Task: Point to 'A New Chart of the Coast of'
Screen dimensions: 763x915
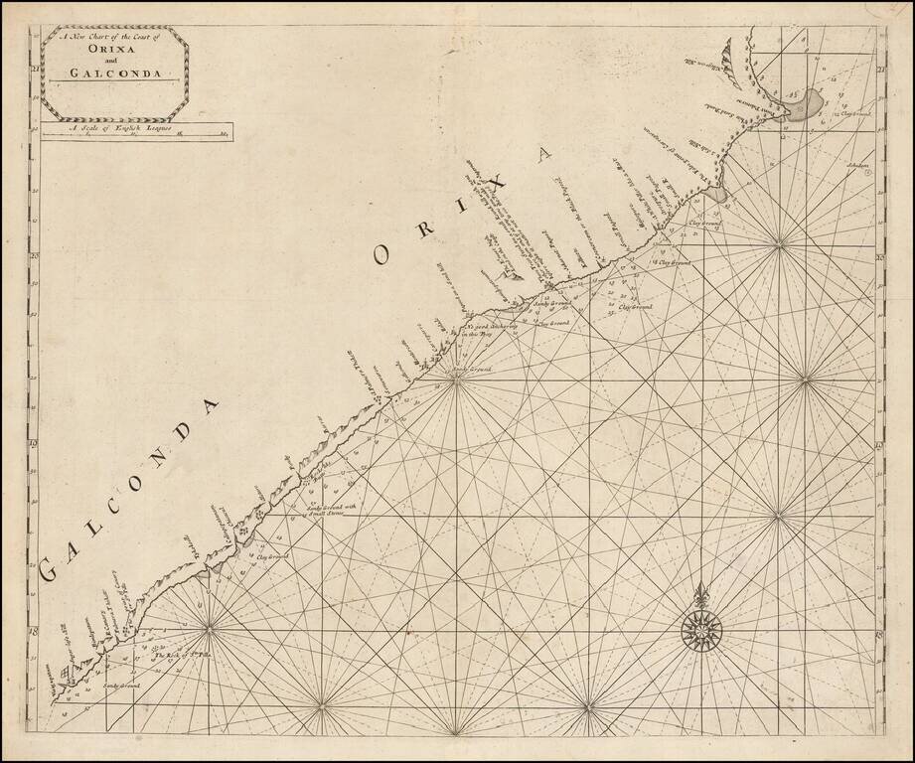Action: tap(113, 39)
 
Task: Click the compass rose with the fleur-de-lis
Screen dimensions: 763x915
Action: tap(701, 628)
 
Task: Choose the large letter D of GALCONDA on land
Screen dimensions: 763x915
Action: tap(209, 409)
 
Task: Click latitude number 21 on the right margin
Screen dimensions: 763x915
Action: tap(881, 70)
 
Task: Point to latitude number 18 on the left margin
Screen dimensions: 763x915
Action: tap(33, 631)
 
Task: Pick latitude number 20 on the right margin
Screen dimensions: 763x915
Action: tap(881, 256)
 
